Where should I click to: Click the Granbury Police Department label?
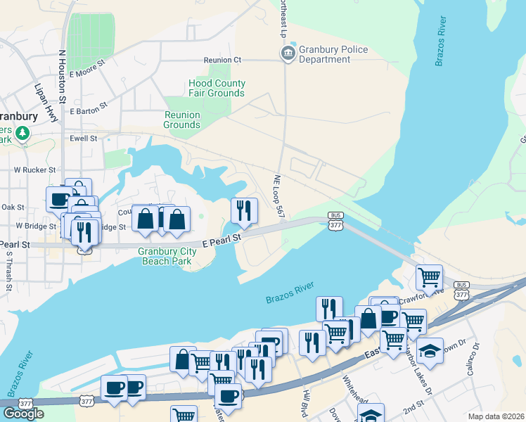325,54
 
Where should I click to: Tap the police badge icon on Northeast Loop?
287,54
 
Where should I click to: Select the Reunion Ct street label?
222,60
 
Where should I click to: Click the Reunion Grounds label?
182,120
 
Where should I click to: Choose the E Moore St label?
87,68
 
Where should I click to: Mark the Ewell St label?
83,139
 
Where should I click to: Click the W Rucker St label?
35,170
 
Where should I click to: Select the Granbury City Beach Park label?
167,256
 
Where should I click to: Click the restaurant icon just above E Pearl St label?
244,210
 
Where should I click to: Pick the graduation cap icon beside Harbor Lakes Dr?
430,348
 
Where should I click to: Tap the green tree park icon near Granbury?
23,132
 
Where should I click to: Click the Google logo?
23,413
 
